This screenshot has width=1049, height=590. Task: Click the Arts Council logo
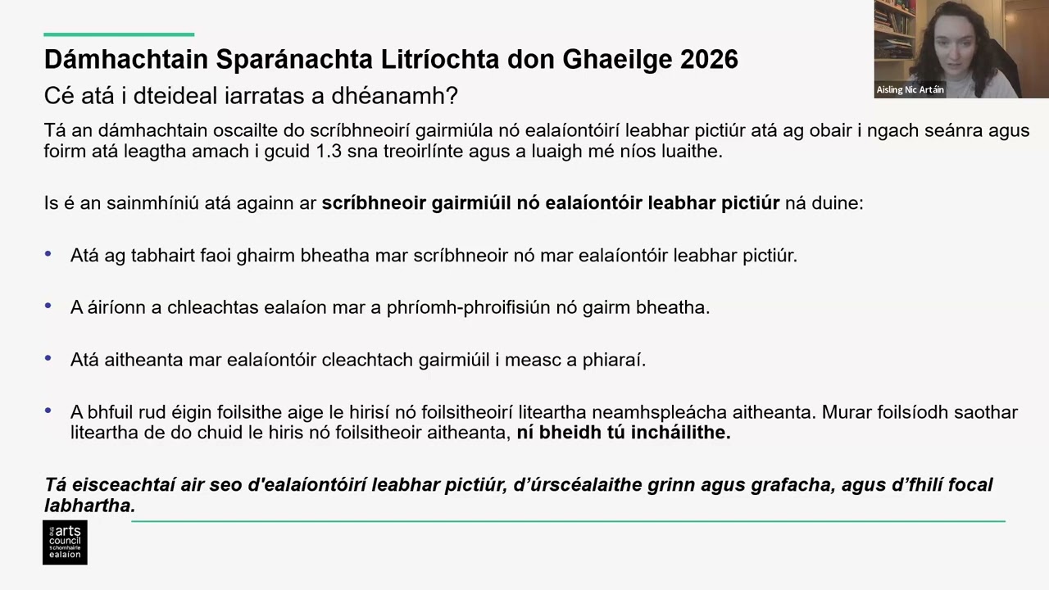tap(65, 542)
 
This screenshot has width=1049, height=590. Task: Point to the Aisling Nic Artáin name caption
tap(910, 90)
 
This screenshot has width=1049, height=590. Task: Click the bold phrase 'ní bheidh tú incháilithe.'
tap(623, 433)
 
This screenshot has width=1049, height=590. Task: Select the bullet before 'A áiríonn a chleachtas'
tap(48, 306)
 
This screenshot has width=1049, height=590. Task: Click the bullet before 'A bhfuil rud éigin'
tap(48, 411)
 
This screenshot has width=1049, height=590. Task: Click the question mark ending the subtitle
tap(452, 96)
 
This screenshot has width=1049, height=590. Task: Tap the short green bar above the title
tap(119, 34)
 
